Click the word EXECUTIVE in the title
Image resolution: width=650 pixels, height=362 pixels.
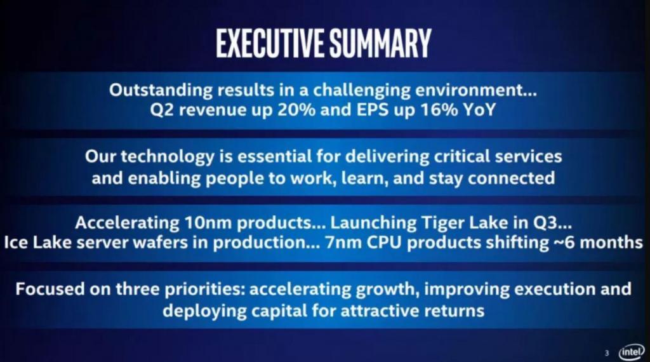click(x=270, y=43)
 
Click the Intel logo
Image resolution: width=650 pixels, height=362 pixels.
click(x=631, y=352)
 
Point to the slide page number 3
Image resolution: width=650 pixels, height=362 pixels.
click(x=607, y=353)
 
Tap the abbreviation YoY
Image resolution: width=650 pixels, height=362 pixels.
click(x=479, y=110)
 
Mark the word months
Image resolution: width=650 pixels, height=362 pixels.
click(x=611, y=243)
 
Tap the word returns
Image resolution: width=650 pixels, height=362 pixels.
click(x=454, y=311)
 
